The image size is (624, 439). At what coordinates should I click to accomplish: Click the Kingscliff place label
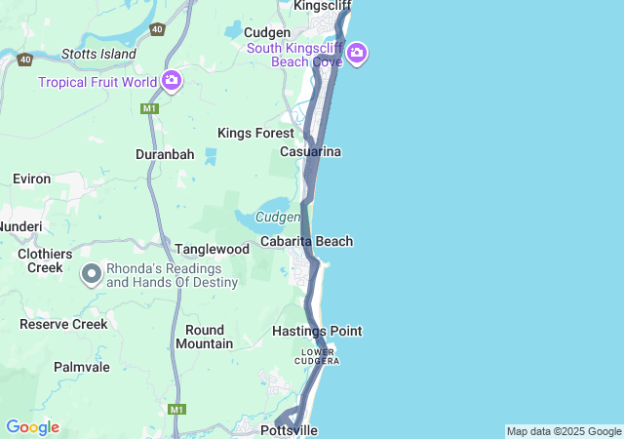(x=323, y=5)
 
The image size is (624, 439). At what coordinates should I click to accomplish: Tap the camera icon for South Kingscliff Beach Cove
(x=357, y=54)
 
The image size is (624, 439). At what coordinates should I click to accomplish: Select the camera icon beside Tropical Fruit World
(x=172, y=81)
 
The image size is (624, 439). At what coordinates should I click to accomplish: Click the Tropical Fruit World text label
(x=97, y=82)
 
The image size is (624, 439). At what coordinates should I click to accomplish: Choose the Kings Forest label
(x=255, y=133)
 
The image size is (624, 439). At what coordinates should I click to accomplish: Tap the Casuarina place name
(x=310, y=152)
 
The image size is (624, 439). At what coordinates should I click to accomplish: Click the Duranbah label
(x=165, y=154)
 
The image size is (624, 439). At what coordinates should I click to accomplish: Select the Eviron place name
(x=31, y=180)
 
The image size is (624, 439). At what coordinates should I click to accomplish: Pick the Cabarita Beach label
(x=306, y=241)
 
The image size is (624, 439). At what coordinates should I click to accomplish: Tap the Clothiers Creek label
(x=46, y=259)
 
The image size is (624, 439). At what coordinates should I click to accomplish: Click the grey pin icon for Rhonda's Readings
(x=92, y=274)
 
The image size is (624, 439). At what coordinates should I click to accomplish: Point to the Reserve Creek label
(x=63, y=323)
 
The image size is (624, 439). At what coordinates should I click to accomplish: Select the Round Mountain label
(x=205, y=337)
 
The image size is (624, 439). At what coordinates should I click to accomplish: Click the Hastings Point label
(x=317, y=331)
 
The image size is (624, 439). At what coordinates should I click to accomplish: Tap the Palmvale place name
(x=82, y=367)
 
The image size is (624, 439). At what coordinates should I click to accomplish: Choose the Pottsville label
(x=290, y=430)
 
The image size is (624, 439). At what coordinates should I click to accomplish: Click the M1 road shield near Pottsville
(x=176, y=409)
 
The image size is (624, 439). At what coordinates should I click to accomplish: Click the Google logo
(x=32, y=427)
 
